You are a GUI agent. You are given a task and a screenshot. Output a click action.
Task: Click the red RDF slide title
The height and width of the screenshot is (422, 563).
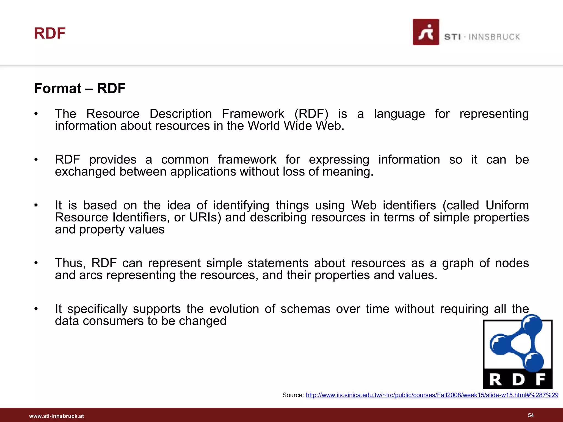(50, 34)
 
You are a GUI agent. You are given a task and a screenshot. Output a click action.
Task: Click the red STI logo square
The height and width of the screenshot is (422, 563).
(426, 32)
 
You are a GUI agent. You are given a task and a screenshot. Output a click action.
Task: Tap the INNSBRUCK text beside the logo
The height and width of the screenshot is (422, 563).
(494, 37)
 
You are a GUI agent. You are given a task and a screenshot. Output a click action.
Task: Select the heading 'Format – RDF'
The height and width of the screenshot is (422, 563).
(80, 88)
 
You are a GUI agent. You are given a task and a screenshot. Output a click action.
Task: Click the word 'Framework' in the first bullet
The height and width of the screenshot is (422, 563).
(253, 114)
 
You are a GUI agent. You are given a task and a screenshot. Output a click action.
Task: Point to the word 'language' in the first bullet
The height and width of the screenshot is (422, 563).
(399, 114)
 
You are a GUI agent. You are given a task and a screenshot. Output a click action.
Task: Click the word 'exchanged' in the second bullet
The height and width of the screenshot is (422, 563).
(85, 172)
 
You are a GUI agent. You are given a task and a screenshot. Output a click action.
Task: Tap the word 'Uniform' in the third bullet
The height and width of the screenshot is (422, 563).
(507, 205)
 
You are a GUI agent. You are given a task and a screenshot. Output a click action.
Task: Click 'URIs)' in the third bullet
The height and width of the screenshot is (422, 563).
(205, 217)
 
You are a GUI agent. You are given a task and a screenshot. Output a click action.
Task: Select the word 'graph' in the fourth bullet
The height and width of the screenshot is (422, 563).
(458, 263)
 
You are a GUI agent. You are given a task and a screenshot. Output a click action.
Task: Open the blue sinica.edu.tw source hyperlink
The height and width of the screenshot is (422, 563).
(432, 395)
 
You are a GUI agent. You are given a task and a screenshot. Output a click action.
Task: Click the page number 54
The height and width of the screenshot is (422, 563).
(531, 415)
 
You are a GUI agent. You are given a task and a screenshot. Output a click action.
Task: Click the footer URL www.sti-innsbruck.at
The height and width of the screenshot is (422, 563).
(56, 416)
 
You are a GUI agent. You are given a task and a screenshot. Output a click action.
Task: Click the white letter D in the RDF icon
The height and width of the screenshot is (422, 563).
(518, 380)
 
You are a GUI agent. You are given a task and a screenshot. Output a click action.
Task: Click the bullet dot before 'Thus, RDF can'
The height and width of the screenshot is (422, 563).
(36, 263)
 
